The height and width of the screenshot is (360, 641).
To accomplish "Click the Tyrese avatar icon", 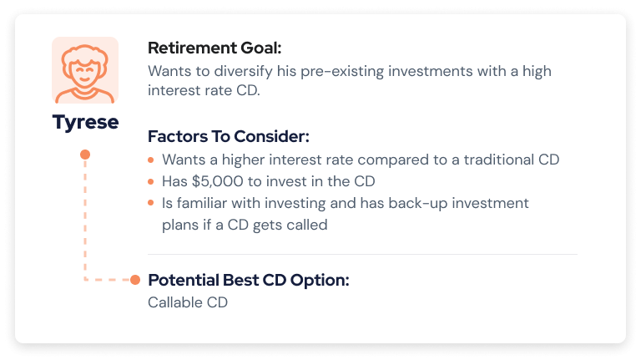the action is click(85, 70).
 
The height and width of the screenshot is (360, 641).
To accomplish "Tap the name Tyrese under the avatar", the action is click(85, 122).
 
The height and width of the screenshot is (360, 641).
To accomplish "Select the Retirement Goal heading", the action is click(215, 48).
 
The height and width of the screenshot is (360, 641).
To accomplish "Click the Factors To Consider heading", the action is click(229, 136).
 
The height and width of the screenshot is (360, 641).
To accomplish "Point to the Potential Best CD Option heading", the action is click(249, 280).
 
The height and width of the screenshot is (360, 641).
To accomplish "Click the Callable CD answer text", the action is click(188, 302).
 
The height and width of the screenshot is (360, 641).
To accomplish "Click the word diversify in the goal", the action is click(243, 71).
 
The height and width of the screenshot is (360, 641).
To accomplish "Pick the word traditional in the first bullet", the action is click(499, 160).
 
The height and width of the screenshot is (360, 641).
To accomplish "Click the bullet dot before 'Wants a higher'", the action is click(151, 160).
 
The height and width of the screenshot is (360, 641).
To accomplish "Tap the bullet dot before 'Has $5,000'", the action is click(151, 181).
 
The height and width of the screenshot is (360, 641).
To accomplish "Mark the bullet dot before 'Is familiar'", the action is click(151, 203).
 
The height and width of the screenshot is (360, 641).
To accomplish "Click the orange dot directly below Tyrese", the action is click(85, 155).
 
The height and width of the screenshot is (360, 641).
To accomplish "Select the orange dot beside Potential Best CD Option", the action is click(135, 280).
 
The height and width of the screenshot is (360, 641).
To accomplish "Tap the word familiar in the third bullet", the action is click(201, 203).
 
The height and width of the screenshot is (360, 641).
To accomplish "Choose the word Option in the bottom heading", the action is click(320, 281).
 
